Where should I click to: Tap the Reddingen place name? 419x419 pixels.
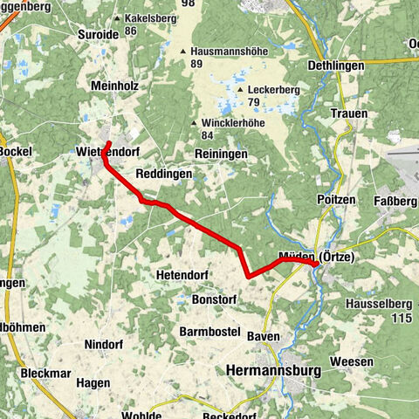pyautogui.click(x=163, y=175)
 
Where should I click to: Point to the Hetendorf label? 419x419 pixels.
pyautogui.click(x=182, y=275)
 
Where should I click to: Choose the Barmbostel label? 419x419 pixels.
pyautogui.click(x=209, y=332)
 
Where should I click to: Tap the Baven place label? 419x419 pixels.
pyautogui.click(x=264, y=336)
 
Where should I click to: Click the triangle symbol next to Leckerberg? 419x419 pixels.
pyautogui.click(x=240, y=89)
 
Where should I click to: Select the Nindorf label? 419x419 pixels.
pyautogui.click(x=104, y=344)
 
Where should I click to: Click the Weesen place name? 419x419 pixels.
pyautogui.click(x=352, y=361)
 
